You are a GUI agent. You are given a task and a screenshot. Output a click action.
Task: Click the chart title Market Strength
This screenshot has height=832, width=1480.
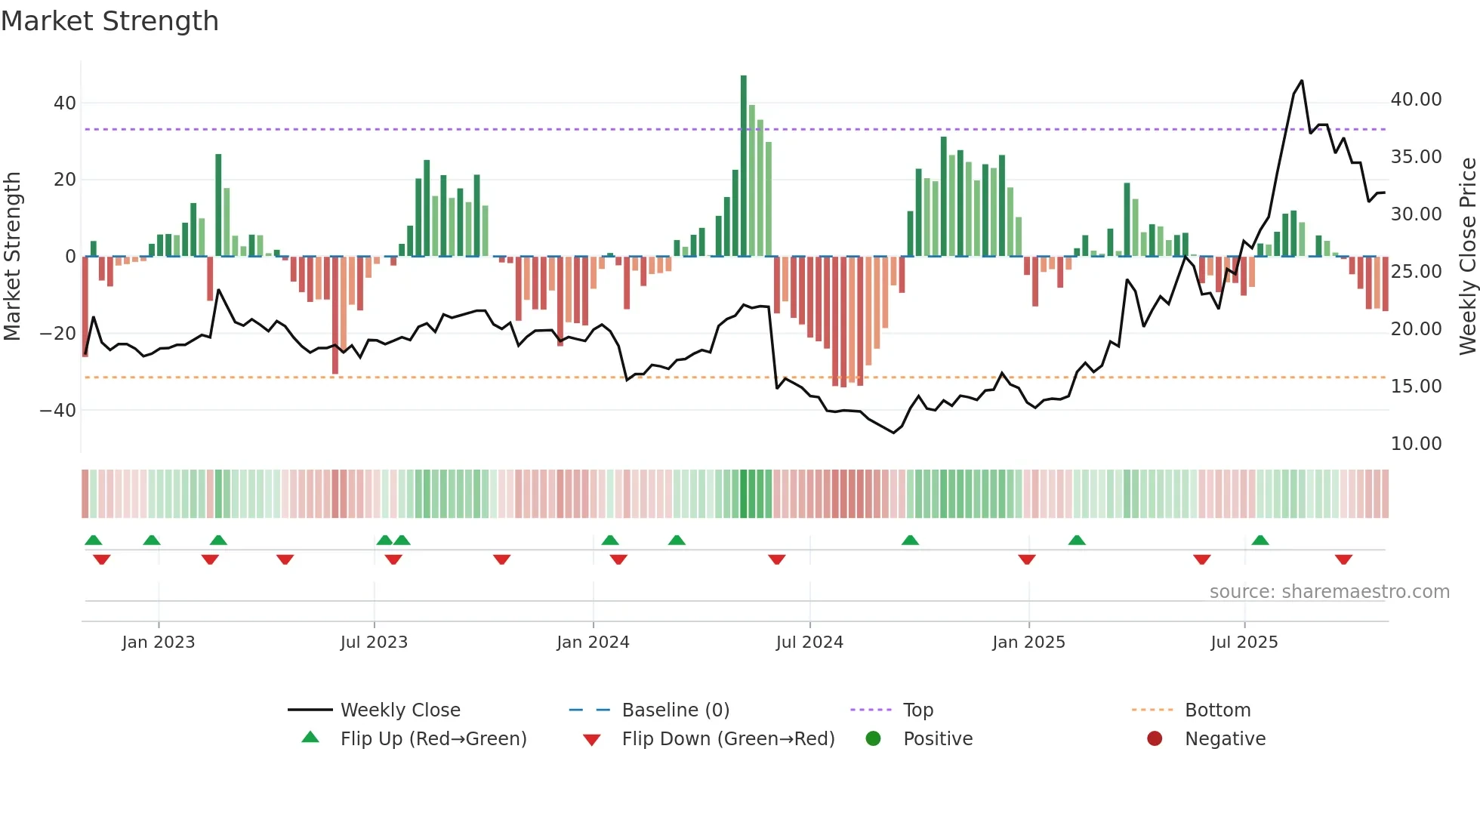tap(109, 21)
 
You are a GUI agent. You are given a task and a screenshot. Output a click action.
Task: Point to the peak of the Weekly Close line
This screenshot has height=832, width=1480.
tap(1302, 81)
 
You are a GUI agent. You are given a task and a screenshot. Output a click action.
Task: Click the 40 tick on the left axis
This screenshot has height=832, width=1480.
tap(65, 103)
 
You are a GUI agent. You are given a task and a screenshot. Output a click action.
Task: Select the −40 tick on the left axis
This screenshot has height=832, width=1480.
tap(58, 411)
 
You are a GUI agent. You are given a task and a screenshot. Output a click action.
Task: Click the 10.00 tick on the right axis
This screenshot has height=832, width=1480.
tap(1416, 444)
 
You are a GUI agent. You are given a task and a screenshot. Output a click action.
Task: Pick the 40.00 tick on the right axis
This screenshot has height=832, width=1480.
tap(1416, 100)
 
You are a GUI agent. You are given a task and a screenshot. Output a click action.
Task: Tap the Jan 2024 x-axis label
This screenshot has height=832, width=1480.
tap(593, 642)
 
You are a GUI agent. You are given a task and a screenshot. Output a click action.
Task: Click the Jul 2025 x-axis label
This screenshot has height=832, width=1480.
tap(1244, 642)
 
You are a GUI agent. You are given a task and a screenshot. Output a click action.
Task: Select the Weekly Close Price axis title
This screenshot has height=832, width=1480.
tap(1467, 257)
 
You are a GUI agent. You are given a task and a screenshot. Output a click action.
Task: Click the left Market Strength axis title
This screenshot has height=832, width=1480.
tap(12, 257)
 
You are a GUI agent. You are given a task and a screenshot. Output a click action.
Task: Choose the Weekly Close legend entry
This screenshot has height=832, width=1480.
tap(399, 710)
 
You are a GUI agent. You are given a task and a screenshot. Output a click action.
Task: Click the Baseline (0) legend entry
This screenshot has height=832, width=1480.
tap(675, 710)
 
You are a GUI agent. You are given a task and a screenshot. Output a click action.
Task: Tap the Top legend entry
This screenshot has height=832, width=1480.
tap(917, 710)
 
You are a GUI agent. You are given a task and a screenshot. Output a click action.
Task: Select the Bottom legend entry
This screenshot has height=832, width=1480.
tap(1217, 710)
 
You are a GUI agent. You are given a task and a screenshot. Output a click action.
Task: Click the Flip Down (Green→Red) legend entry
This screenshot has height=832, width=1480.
tap(728, 739)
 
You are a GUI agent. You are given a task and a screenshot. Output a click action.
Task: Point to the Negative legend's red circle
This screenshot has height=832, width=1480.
tap(1155, 738)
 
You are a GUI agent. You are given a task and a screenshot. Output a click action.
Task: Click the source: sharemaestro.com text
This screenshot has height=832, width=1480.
tap(1329, 592)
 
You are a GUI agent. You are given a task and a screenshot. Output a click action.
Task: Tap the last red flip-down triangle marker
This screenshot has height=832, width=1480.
tap(1343, 559)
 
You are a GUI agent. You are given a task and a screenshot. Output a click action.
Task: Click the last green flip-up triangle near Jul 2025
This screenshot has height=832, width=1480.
tap(1260, 541)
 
